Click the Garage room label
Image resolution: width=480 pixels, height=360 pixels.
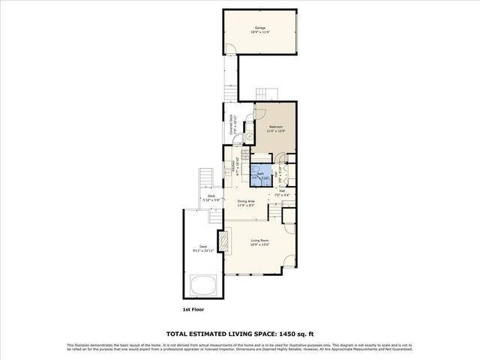coord(259,28)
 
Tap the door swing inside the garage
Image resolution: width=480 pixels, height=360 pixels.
coord(232,49)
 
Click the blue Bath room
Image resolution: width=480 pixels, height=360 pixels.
coord(259,175)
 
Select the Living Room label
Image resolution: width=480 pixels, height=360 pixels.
coord(259,241)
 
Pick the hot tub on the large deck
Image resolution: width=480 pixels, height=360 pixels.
coord(202,285)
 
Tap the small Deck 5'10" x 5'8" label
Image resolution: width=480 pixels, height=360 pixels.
coord(211,199)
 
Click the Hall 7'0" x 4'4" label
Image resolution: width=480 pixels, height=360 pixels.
coord(283,193)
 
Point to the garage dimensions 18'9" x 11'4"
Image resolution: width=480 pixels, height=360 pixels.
coord(259,33)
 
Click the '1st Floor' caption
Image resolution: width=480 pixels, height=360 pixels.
coord(193,309)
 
